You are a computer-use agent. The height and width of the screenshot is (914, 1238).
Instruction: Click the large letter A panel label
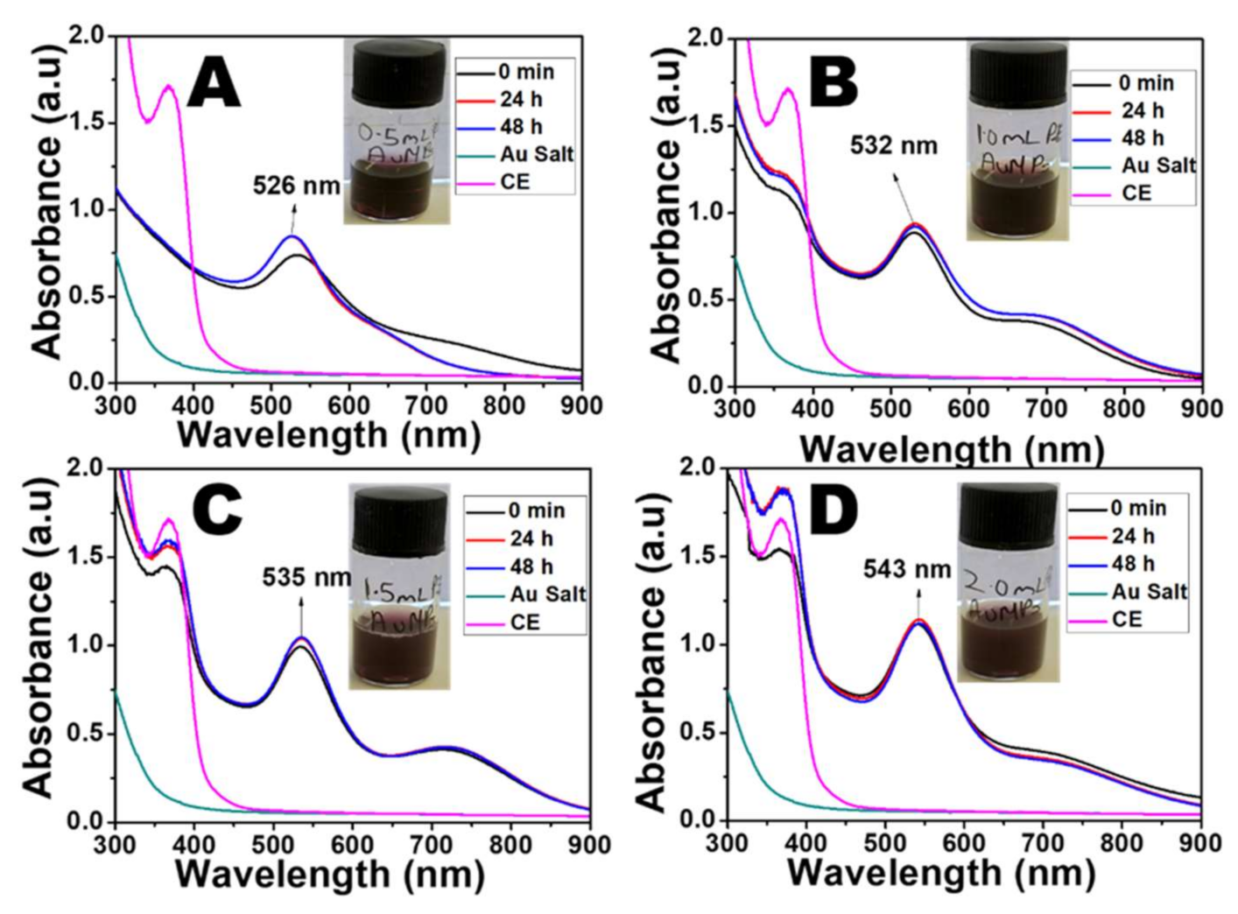(214, 84)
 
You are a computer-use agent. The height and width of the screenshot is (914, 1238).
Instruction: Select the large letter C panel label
(217, 510)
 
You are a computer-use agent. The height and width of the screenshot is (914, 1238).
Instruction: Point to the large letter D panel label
(833, 510)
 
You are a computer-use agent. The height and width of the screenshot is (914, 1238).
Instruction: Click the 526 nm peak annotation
(296, 186)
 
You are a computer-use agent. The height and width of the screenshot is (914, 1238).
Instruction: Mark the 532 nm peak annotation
(893, 145)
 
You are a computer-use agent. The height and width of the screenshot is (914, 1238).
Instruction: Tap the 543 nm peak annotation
(907, 569)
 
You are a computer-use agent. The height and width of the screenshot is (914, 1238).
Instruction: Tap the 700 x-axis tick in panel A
(426, 405)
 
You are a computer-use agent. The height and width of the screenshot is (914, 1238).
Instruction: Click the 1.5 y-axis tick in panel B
(706, 125)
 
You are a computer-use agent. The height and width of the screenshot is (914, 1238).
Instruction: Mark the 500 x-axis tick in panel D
(884, 842)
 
